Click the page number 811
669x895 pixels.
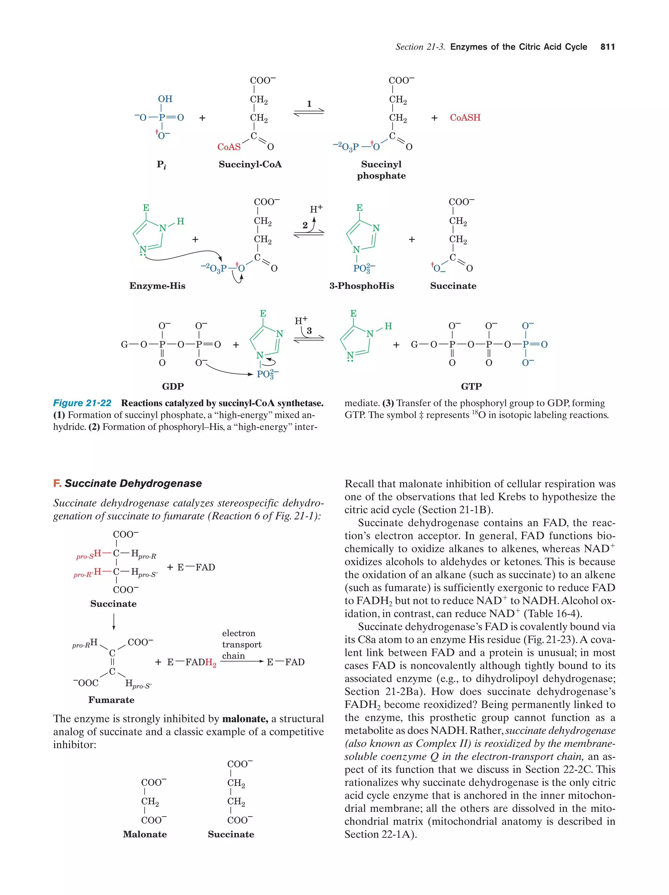click(607, 47)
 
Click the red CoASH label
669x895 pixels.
click(465, 118)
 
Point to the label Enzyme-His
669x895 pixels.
click(157, 286)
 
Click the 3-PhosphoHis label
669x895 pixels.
click(361, 286)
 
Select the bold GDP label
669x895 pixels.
click(173, 386)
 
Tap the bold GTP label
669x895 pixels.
click(471, 386)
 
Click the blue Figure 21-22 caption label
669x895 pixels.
click(82, 403)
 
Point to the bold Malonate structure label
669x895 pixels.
click(144, 834)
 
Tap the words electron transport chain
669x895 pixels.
click(241, 645)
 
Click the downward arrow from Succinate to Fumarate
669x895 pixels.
click(114, 621)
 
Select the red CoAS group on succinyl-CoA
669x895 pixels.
click(229, 147)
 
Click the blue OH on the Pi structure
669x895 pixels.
click(165, 99)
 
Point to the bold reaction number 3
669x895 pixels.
click(309, 330)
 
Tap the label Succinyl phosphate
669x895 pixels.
click(381, 170)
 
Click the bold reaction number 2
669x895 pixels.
click(305, 225)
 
